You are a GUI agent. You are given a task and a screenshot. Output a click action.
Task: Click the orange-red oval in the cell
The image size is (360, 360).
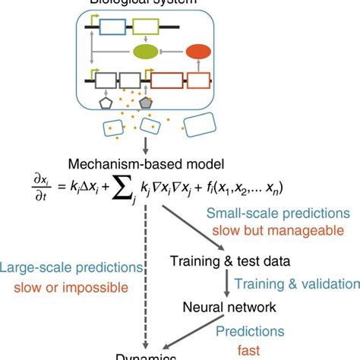[200, 52]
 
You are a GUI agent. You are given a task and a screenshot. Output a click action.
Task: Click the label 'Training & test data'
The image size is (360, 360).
[229, 261]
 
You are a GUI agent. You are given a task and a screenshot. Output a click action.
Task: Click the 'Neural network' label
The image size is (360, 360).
[221, 307]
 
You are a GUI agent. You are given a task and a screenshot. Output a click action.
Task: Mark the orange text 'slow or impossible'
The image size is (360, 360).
[72, 287]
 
